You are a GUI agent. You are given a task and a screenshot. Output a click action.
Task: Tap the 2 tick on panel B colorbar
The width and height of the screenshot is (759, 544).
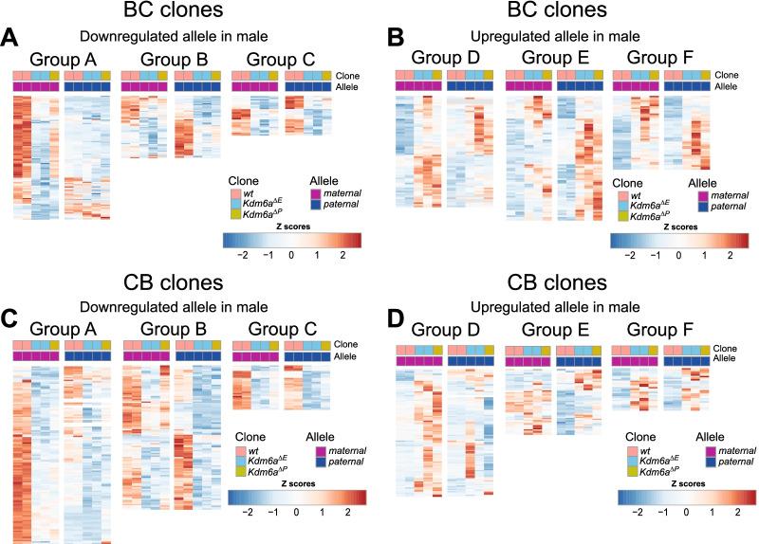[x=731, y=256]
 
